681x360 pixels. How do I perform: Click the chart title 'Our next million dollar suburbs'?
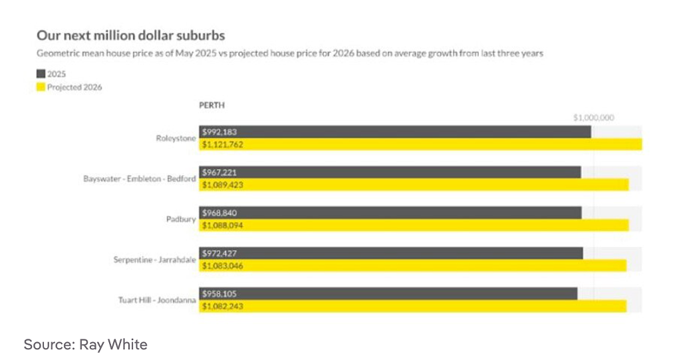click(x=131, y=35)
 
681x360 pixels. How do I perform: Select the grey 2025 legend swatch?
click(x=41, y=74)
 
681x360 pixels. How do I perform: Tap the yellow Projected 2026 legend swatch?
click(x=41, y=87)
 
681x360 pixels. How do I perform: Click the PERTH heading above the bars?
click(x=212, y=105)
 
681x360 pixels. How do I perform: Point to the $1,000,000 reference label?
click(x=594, y=118)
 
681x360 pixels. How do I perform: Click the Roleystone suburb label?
click(x=176, y=138)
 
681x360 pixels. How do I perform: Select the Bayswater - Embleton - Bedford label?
click(x=140, y=179)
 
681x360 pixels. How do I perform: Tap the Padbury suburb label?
click(x=181, y=219)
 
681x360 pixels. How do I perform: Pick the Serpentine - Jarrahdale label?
click(x=154, y=260)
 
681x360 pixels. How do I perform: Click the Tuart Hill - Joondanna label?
click(x=157, y=300)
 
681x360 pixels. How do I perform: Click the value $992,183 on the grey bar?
click(x=219, y=132)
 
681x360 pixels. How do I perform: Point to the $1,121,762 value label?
click(x=222, y=144)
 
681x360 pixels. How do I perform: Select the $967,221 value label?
click(x=219, y=172)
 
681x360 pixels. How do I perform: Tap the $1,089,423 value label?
click(x=222, y=185)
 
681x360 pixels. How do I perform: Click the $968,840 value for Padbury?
click(x=219, y=213)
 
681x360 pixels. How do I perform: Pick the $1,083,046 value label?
click(x=222, y=266)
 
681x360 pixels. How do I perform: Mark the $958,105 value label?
click(x=219, y=293)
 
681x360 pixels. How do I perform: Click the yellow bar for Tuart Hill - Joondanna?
click(x=412, y=306)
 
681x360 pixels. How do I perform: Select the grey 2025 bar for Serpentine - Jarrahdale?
click(x=391, y=253)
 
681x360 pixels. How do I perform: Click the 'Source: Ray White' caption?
click(x=86, y=344)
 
